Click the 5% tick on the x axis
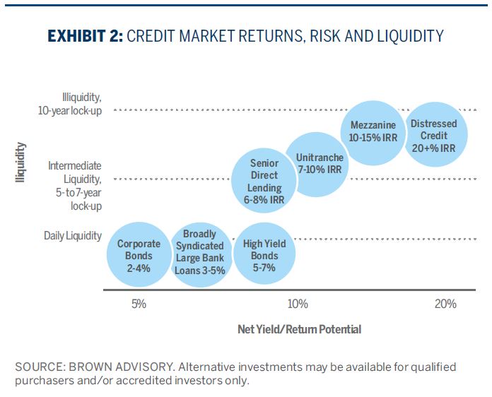click(x=139, y=304)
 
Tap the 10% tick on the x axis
click(x=298, y=304)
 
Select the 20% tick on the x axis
click(x=446, y=304)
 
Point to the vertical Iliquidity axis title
click(x=20, y=163)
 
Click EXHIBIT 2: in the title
click(x=83, y=36)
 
